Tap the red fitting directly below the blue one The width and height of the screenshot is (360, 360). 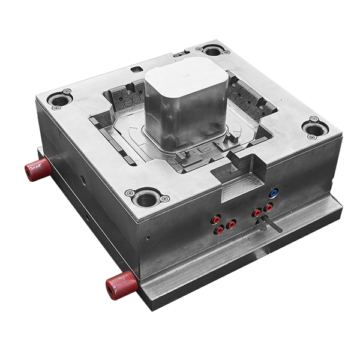click(268, 206)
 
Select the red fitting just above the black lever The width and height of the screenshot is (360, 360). click(257, 212)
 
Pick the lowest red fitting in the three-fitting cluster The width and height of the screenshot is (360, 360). click(220, 230)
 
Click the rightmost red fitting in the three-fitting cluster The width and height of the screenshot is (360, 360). click(231, 224)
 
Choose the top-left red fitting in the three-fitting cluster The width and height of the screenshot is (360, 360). click(215, 220)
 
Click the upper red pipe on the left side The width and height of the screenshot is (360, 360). click(38, 169)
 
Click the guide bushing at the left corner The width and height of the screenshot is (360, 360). click(61, 99)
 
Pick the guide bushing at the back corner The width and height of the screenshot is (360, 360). click(213, 50)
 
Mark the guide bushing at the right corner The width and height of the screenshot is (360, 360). click(314, 127)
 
